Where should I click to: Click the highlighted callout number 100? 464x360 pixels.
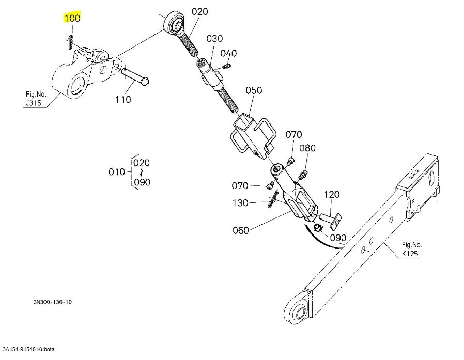72,19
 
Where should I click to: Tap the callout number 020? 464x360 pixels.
199,11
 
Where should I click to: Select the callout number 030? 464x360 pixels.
214,39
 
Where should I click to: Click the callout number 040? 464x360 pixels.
228,53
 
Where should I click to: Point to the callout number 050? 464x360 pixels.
254,90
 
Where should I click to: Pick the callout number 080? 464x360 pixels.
307,148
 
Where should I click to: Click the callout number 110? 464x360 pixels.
123,99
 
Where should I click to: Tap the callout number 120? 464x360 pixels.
332,195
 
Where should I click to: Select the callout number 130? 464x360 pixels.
240,203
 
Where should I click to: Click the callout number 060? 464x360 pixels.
241,230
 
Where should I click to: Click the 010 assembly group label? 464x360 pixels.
116,172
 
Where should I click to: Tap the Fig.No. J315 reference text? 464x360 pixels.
36,98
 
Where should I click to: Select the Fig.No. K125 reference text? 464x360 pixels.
412,248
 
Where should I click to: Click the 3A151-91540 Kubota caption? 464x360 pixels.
28,350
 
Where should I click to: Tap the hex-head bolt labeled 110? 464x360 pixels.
136,77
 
